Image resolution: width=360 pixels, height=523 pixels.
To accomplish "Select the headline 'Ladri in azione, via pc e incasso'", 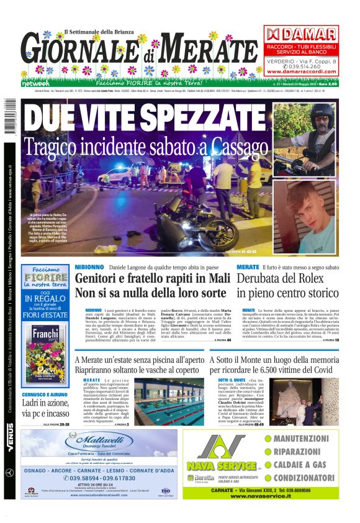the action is coord(45,407).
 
